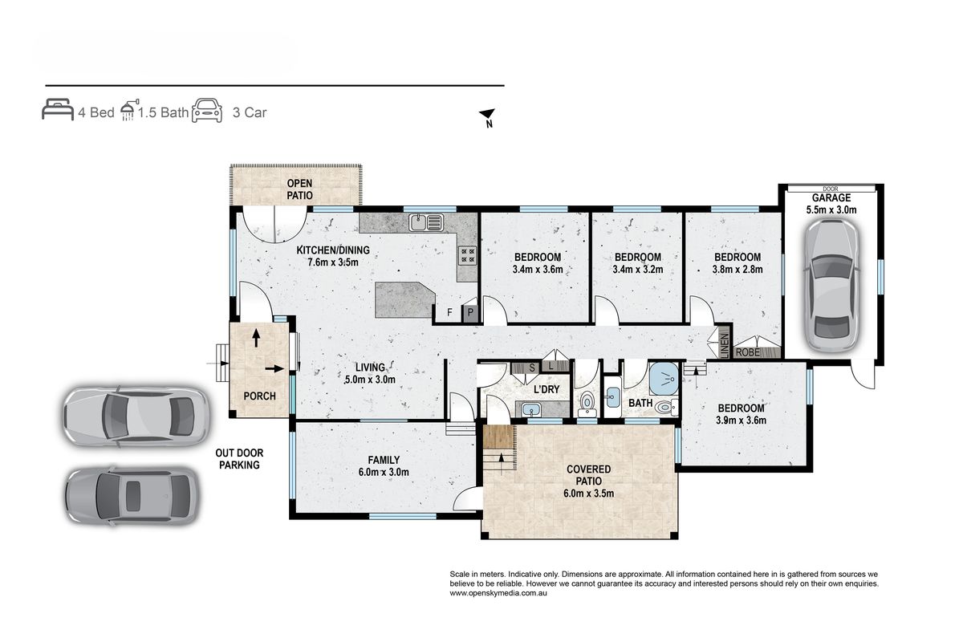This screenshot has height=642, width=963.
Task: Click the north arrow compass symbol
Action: pyautogui.click(x=488, y=117)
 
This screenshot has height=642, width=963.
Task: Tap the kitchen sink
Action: pyautogui.click(x=425, y=221)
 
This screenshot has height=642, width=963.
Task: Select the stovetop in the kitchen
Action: pyautogui.click(x=467, y=255)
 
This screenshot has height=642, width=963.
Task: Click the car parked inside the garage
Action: pyautogui.click(x=831, y=286)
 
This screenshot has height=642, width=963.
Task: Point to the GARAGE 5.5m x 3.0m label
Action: pyautogui.click(x=831, y=204)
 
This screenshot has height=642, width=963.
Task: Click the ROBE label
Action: pyautogui.click(x=748, y=352)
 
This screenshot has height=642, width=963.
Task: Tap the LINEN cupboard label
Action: pyautogui.click(x=724, y=345)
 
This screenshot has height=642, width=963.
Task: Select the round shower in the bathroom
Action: pyautogui.click(x=664, y=379)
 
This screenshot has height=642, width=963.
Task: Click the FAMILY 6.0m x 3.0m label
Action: pyautogui.click(x=384, y=466)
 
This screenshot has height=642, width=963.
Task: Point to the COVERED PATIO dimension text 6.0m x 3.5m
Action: pyautogui.click(x=588, y=494)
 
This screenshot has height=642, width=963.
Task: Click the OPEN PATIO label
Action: pyautogui.click(x=299, y=189)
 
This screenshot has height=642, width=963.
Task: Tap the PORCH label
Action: pyautogui.click(x=259, y=396)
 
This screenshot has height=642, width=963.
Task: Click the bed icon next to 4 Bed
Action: pyautogui.click(x=58, y=109)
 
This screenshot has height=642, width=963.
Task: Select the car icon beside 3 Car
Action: pyautogui.click(x=207, y=111)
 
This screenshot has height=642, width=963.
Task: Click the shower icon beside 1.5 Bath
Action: pyautogui.click(x=129, y=110)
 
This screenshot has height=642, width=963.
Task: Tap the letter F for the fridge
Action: pyautogui.click(x=449, y=312)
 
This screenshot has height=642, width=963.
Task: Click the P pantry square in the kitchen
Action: pyautogui.click(x=470, y=312)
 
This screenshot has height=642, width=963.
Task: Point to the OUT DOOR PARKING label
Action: pyautogui.click(x=239, y=459)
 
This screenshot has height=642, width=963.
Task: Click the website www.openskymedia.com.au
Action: pyautogui.click(x=498, y=593)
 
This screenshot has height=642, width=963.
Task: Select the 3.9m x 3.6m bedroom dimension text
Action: pyautogui.click(x=741, y=421)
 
